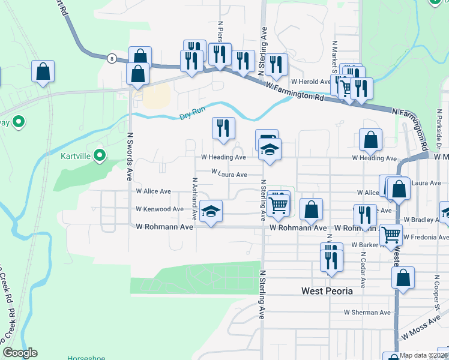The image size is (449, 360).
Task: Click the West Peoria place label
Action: coord(332,290)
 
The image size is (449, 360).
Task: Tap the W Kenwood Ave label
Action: coord(160,209)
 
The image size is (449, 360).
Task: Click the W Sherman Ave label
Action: coord(367,313)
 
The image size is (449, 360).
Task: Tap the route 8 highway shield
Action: coord(112,58)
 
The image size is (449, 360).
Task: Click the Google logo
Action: coord(20,353)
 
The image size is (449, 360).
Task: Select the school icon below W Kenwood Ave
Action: coord(211,211)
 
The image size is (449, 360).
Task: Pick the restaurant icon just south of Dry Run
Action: coord(223,128)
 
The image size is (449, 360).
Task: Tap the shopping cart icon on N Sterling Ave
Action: coord(279,205)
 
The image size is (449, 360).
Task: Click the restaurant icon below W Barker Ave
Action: coord(331,260)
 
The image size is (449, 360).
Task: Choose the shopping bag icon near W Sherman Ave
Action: coord(403,278)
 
